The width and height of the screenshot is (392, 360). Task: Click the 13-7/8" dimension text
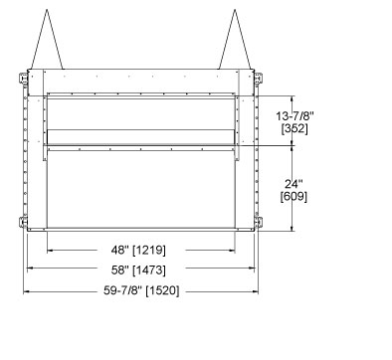[x=294, y=116]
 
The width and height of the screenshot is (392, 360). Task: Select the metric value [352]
[x=294, y=128]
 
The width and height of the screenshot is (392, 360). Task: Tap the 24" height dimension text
[x=294, y=184]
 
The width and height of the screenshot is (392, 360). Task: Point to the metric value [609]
[x=294, y=196]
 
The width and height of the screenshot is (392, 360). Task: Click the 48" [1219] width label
[x=138, y=250]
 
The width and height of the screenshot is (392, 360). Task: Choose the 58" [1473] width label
[x=138, y=270]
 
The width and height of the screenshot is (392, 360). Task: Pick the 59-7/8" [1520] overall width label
[x=141, y=290]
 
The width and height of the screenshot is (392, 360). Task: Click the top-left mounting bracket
[x=23, y=79]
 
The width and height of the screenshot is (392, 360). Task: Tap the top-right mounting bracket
[x=258, y=79]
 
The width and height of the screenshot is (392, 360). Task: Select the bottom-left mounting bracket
[x=23, y=222]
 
